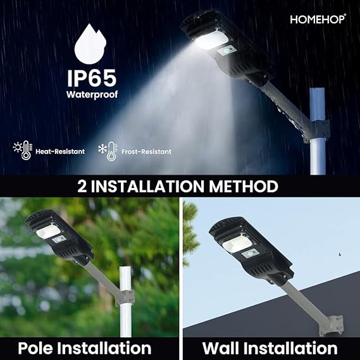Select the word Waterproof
[x=92, y=95]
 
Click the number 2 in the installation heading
[x=82, y=187]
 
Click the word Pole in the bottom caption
[x=42, y=347]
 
